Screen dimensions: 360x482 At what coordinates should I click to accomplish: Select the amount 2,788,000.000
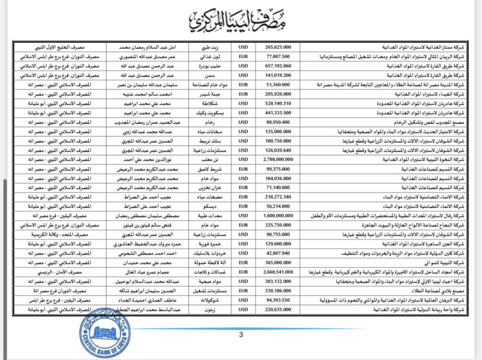pos(278,160)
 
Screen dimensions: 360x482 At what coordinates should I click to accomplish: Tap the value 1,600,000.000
pos(278,216)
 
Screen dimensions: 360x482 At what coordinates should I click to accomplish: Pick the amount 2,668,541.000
pos(278,272)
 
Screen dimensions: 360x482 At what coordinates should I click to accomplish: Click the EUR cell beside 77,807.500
pos(243,56)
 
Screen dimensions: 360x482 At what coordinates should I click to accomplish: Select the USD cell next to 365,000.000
pos(243,263)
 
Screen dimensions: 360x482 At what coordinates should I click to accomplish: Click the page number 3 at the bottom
pos(241,335)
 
